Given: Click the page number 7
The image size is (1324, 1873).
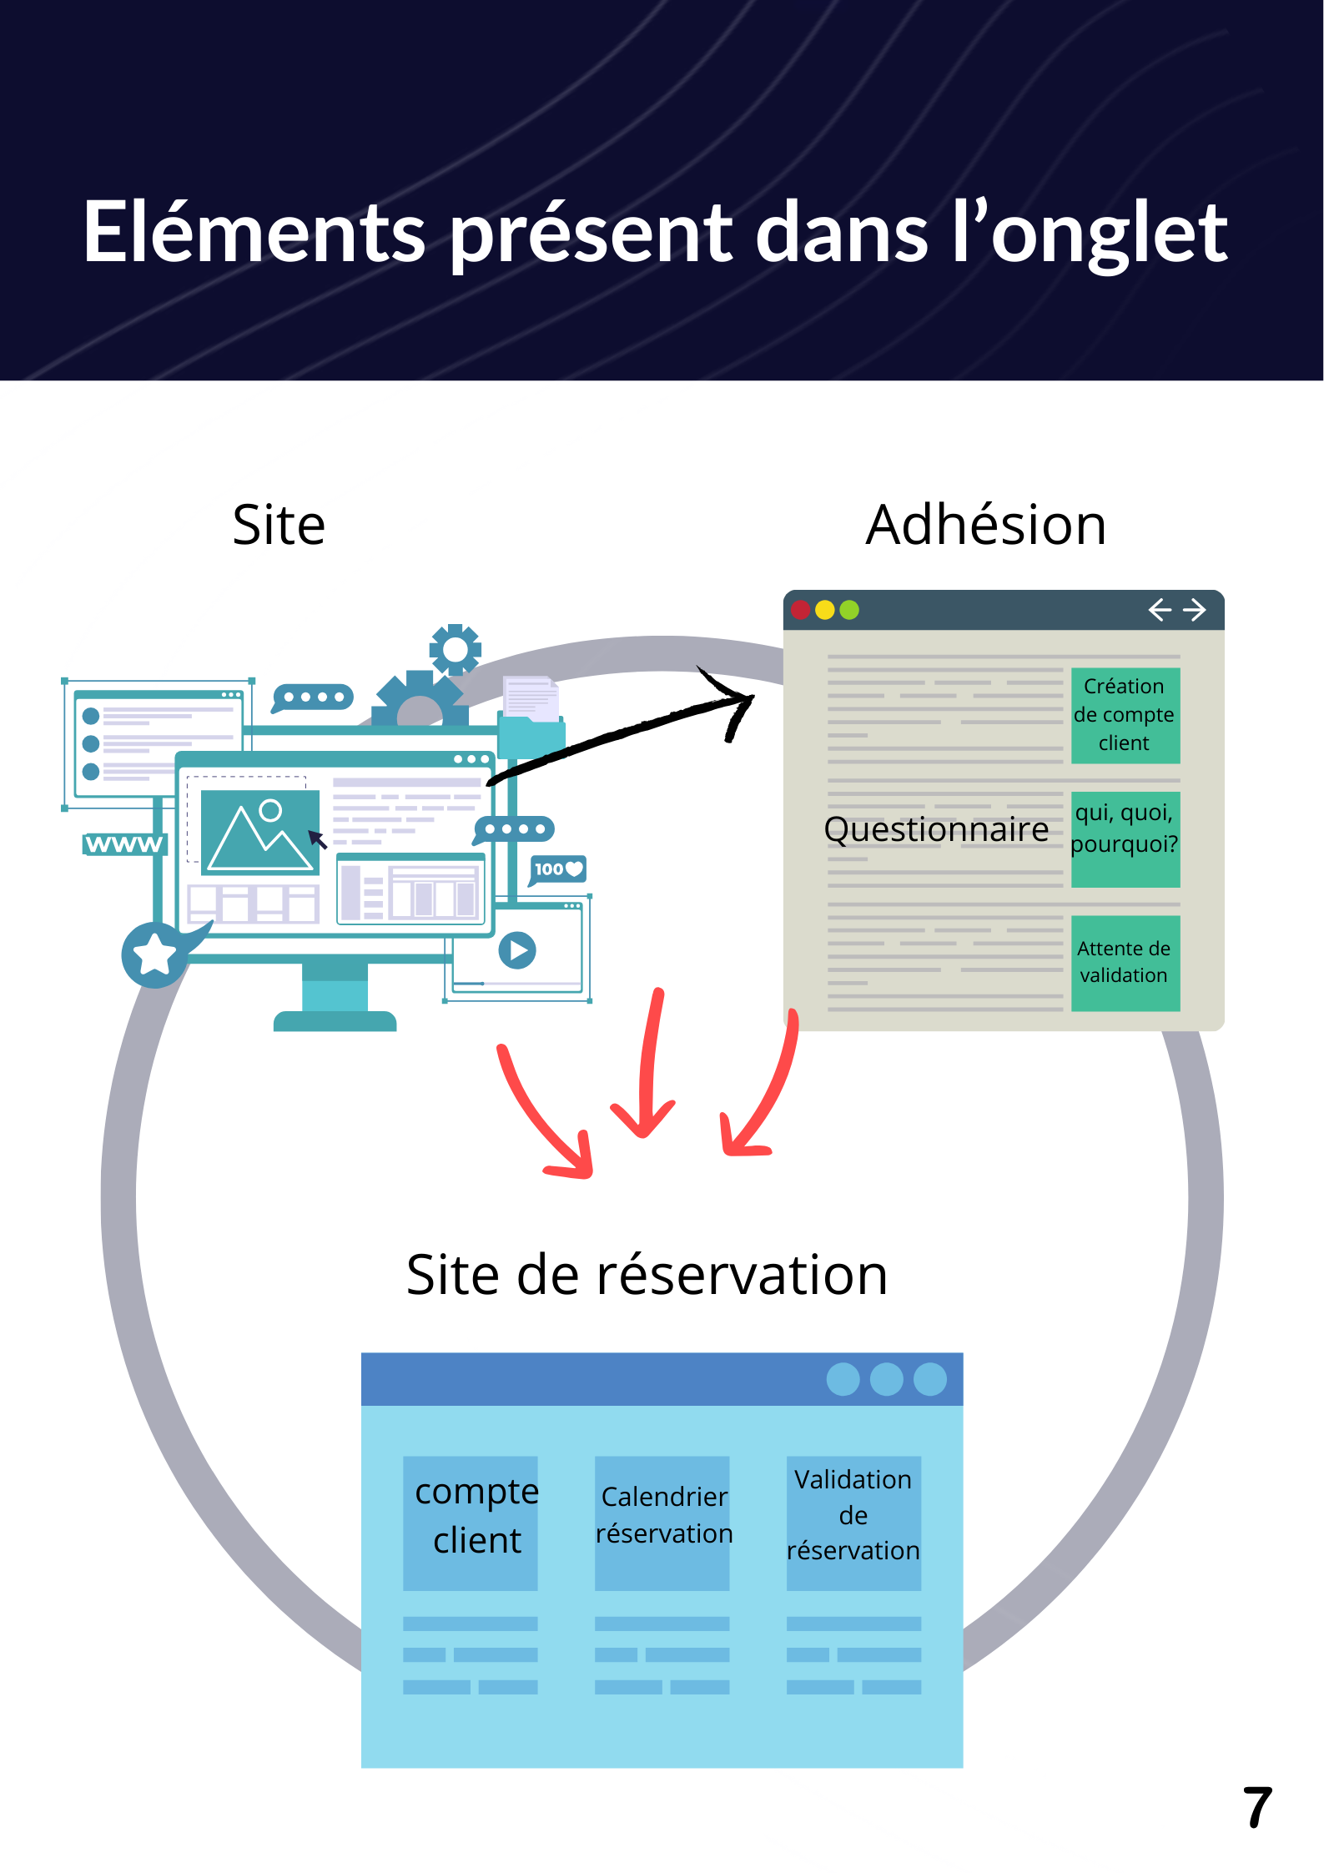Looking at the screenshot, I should click(x=1256, y=1808).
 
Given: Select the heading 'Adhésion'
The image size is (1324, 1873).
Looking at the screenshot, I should click(x=985, y=526).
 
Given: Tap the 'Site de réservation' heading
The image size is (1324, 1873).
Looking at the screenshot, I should click(x=647, y=1276).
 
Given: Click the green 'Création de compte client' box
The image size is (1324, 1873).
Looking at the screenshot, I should click(x=1125, y=715).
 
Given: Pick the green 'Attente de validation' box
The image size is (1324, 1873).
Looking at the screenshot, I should click(x=1125, y=963).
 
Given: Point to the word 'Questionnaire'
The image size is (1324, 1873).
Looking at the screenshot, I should click(x=935, y=829).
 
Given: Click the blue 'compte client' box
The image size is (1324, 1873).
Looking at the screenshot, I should click(x=471, y=1523).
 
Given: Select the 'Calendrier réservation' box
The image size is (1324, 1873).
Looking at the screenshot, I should click(x=662, y=1523).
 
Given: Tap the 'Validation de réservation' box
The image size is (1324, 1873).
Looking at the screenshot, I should click(x=853, y=1523).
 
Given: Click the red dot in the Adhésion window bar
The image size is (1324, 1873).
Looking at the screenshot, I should click(x=801, y=610).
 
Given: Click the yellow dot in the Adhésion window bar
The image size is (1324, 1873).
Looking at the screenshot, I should click(x=825, y=610).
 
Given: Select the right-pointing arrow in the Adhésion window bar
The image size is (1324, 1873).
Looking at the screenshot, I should click(x=1195, y=610).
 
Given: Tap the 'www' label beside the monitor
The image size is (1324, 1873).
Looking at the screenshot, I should click(x=124, y=844).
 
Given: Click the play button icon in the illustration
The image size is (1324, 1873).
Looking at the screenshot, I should click(x=517, y=950).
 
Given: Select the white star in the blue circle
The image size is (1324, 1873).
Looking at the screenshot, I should click(x=155, y=954).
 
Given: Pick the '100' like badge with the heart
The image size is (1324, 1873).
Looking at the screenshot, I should click(x=558, y=869).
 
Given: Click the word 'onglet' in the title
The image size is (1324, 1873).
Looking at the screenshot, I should click(x=1109, y=235).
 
